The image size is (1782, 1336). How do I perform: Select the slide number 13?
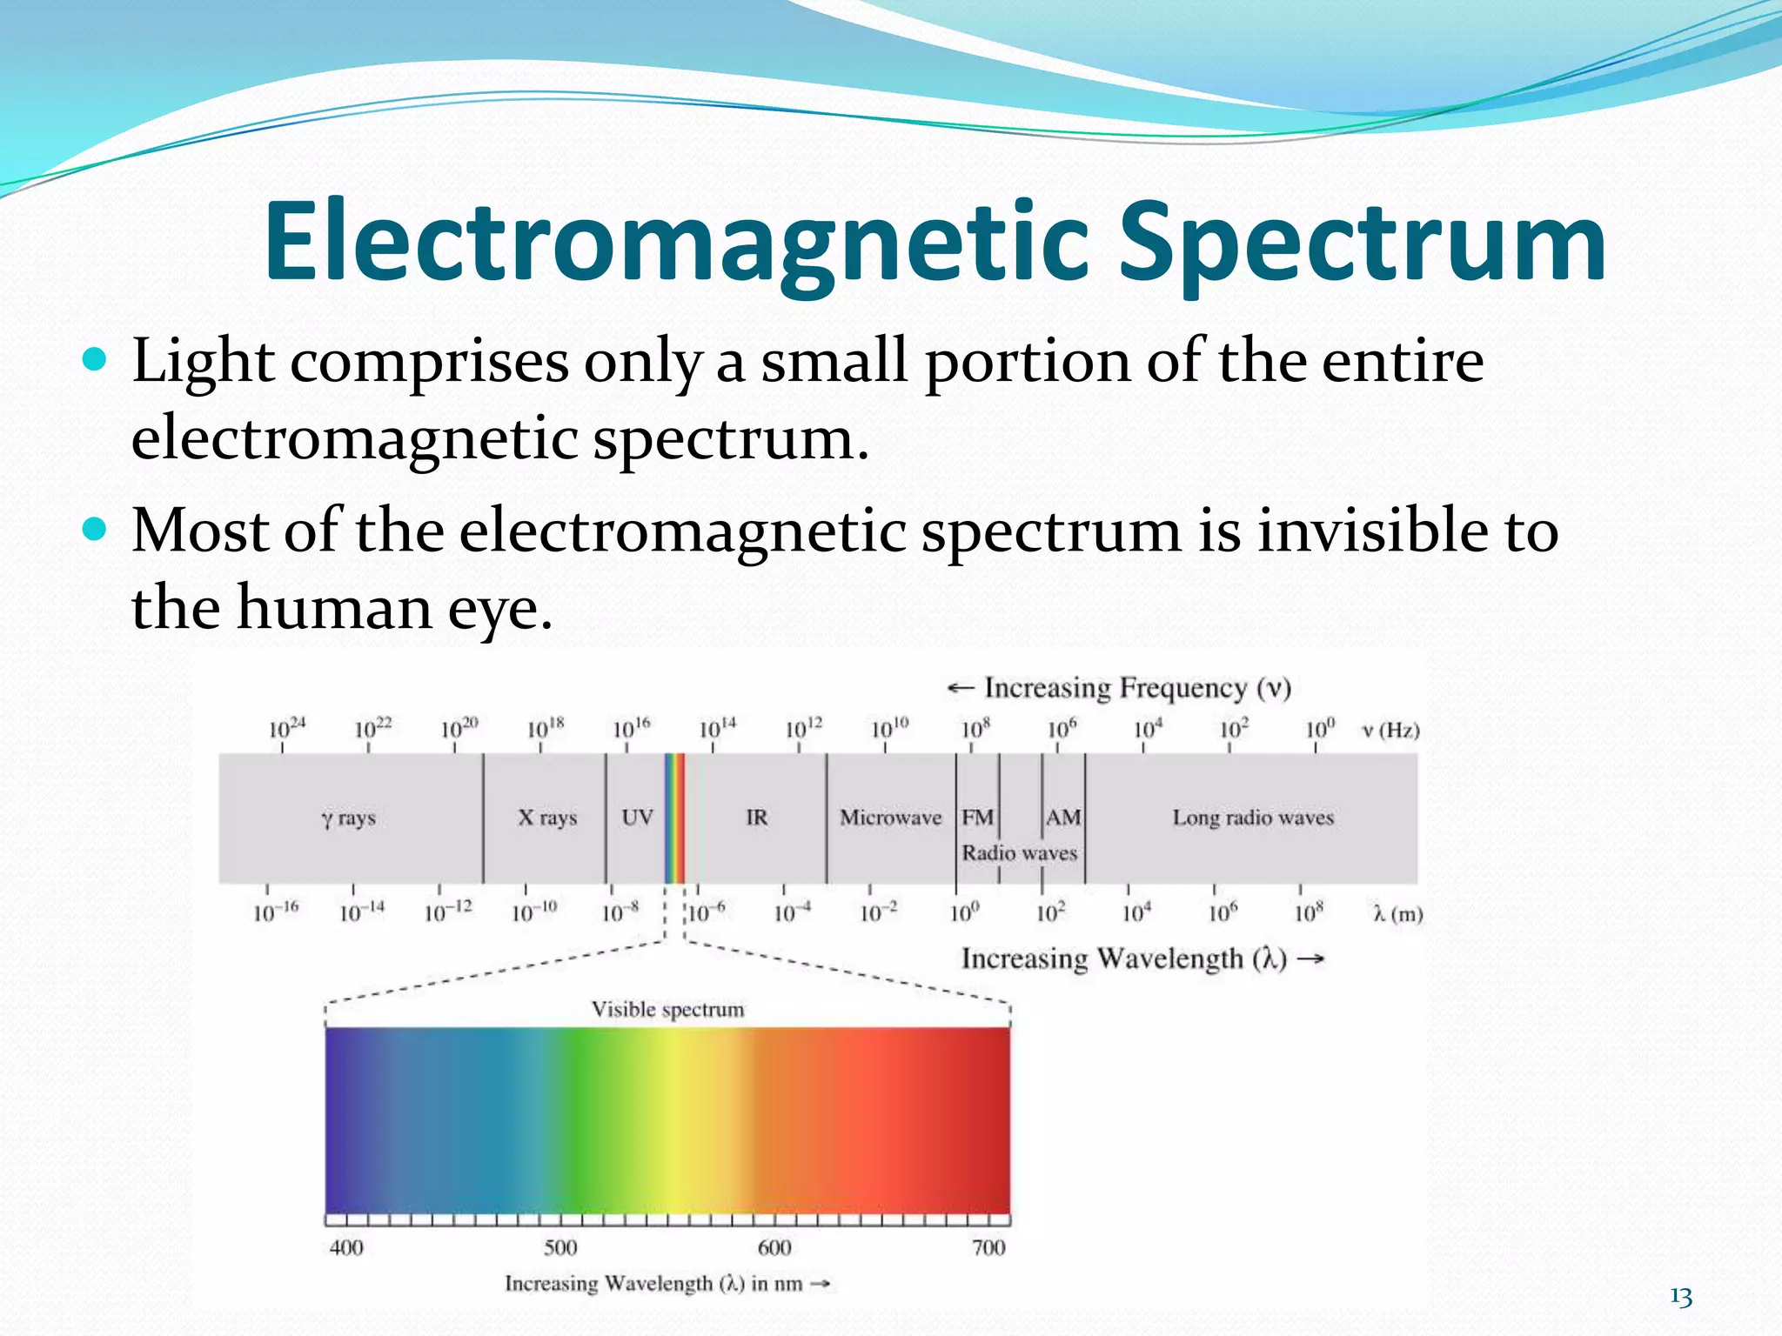tap(1681, 1297)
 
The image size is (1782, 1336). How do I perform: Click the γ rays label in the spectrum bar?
tap(348, 818)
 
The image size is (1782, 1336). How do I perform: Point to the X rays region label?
tap(547, 818)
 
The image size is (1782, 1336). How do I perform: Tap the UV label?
tap(637, 818)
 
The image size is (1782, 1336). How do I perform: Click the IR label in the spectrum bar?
tap(756, 818)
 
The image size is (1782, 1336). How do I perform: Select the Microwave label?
tap(890, 818)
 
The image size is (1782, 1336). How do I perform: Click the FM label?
tap(977, 818)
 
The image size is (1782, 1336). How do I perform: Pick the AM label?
tap(1062, 818)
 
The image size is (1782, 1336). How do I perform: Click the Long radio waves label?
tap(1252, 818)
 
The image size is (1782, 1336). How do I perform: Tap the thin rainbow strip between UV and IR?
tap(674, 818)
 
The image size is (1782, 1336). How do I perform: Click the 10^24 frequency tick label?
tap(286, 728)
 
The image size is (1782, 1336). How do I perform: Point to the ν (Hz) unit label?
tap(1390, 730)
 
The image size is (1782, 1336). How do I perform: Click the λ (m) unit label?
tap(1397, 914)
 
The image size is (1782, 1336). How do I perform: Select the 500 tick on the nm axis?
tap(560, 1247)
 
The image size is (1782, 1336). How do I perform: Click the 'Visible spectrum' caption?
tap(667, 1009)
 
